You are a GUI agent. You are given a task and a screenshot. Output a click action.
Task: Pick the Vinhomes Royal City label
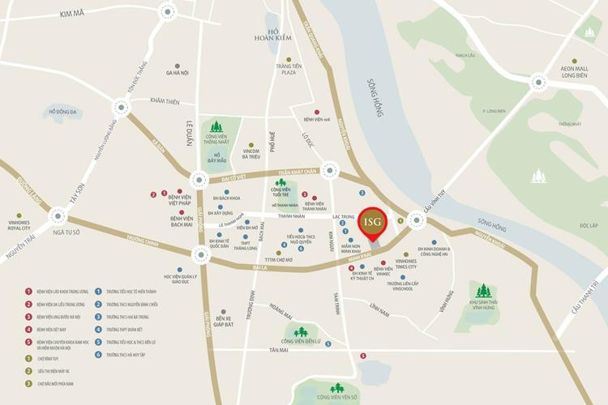tap(19, 225)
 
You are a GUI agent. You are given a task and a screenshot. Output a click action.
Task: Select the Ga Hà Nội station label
tap(177, 73)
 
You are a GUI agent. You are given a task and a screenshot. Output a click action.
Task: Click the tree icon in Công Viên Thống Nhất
tap(216, 127)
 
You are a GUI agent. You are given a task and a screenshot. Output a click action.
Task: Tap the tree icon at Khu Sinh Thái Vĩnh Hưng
tap(483, 290)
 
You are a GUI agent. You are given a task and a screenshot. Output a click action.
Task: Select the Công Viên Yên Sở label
tap(338, 397)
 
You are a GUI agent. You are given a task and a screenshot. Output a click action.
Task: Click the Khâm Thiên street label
tap(165, 101)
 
